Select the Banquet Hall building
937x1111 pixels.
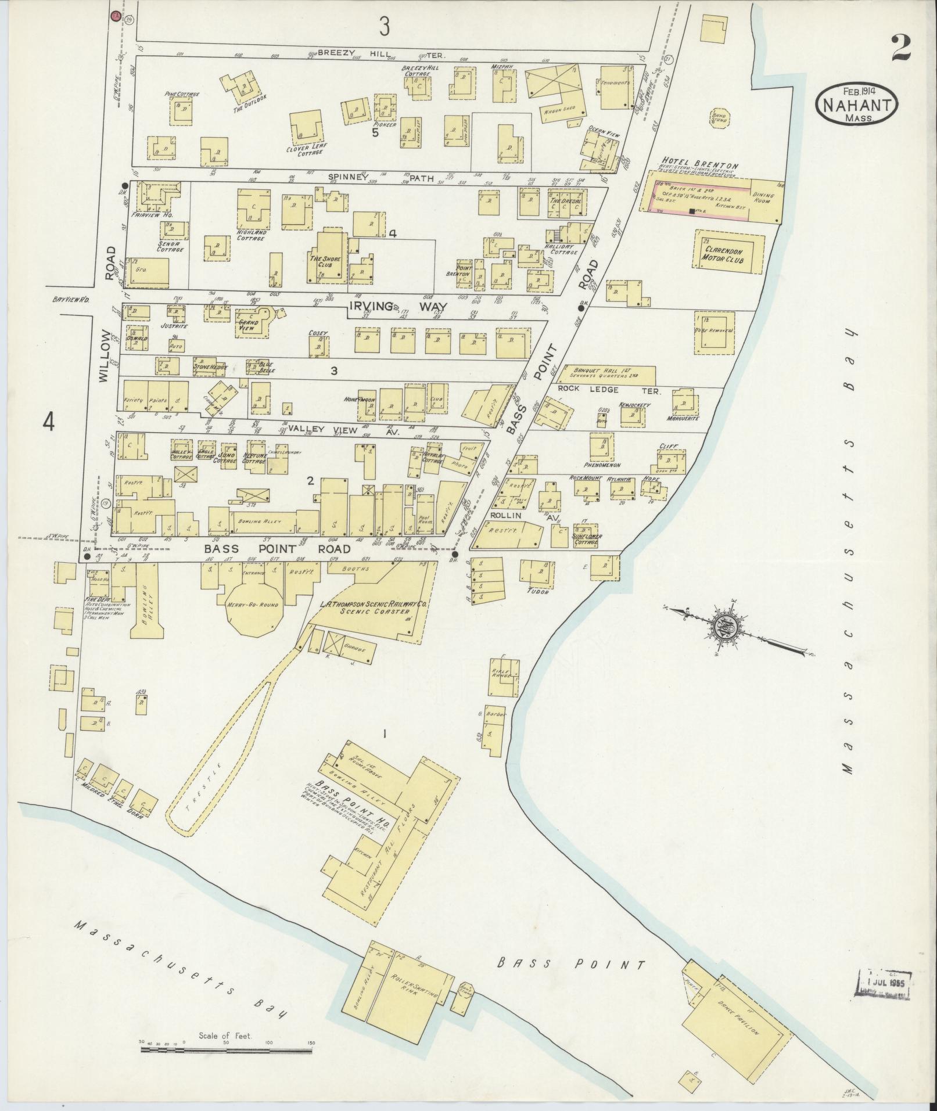pyautogui.click(x=613, y=373)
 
